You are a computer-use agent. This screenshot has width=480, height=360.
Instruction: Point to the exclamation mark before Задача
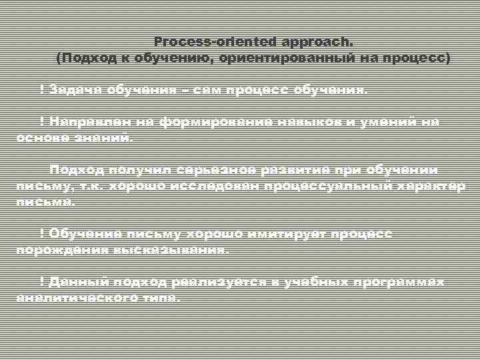coord(43,89)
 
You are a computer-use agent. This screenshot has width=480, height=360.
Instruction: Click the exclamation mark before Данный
coord(43,282)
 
